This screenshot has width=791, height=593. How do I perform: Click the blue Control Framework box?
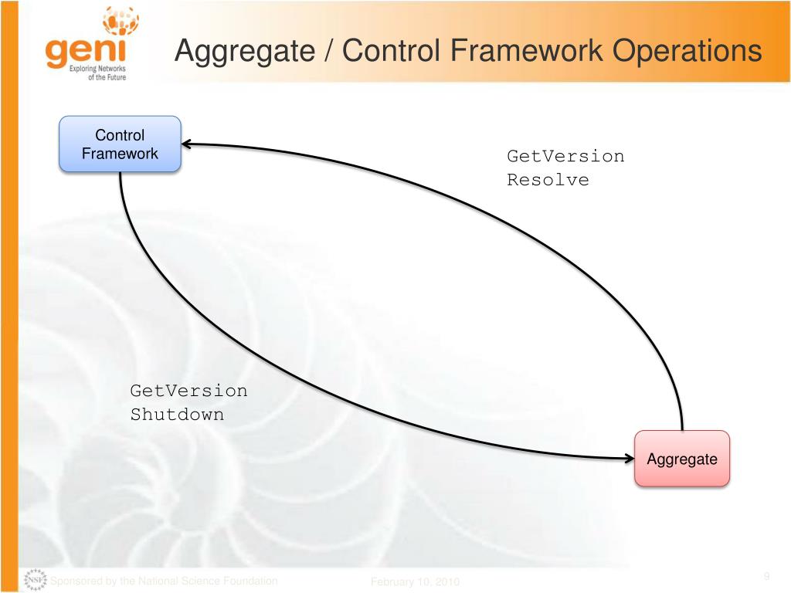(x=120, y=144)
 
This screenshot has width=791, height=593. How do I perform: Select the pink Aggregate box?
(x=682, y=459)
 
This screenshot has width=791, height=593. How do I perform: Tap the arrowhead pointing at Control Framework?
(x=188, y=144)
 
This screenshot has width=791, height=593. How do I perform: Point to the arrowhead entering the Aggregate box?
(x=629, y=459)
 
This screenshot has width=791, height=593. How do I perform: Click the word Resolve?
(x=548, y=180)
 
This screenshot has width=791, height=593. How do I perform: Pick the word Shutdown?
(x=177, y=414)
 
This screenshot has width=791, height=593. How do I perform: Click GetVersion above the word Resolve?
(x=565, y=156)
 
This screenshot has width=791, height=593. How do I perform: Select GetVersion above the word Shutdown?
(x=188, y=391)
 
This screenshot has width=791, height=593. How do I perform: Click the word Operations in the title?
(x=687, y=52)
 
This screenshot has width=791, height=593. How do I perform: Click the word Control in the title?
(x=392, y=52)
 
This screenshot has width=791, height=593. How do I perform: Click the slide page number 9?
(x=767, y=576)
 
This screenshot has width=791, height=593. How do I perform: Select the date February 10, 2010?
(x=415, y=581)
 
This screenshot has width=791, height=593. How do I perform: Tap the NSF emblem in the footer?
(x=36, y=580)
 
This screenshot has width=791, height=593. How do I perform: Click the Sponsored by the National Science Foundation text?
(x=164, y=581)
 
